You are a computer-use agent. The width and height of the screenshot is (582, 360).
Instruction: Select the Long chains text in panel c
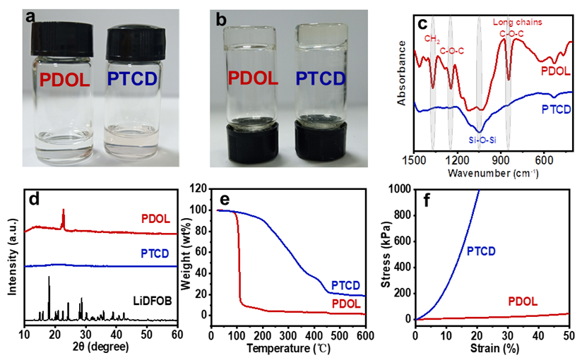521,22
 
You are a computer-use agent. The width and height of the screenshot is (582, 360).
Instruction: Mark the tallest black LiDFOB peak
49,278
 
